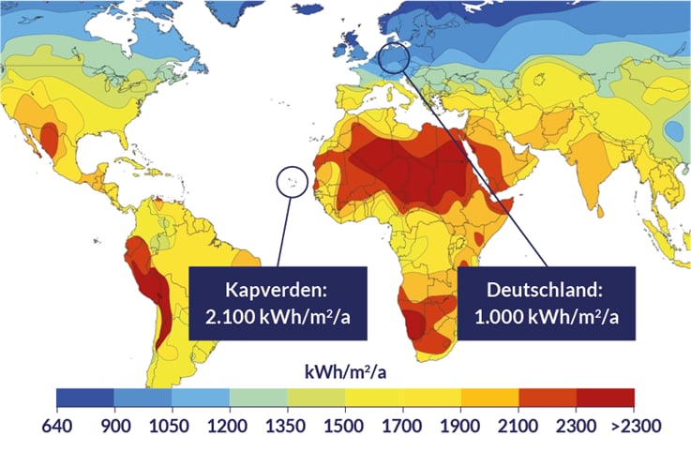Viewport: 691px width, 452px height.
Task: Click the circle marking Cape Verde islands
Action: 292,180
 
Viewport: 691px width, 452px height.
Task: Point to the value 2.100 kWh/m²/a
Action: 275,317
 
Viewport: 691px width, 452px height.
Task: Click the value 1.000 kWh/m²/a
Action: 545,317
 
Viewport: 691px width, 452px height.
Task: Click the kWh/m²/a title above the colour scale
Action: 345,373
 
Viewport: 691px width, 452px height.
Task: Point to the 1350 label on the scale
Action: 288,425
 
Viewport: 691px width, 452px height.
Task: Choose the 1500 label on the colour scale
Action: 345,425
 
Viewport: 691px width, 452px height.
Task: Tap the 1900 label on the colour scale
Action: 461,425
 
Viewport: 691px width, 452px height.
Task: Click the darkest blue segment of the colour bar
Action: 84,398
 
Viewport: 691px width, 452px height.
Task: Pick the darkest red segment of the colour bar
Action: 606,398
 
